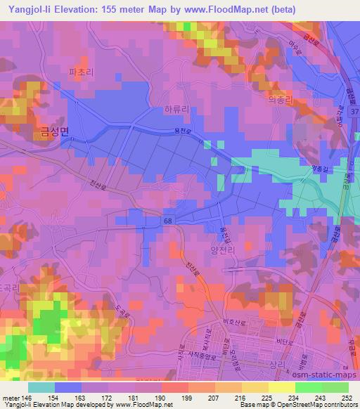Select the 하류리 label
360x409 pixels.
tap(176, 110)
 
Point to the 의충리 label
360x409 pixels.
tap(280, 100)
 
